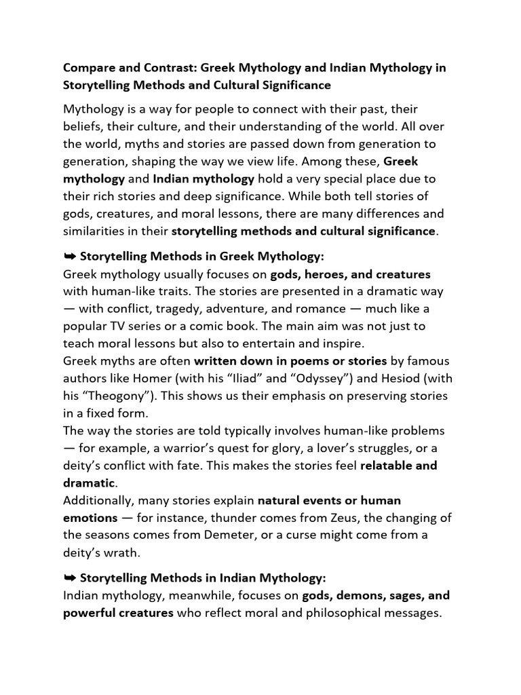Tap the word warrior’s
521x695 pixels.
(x=189, y=448)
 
